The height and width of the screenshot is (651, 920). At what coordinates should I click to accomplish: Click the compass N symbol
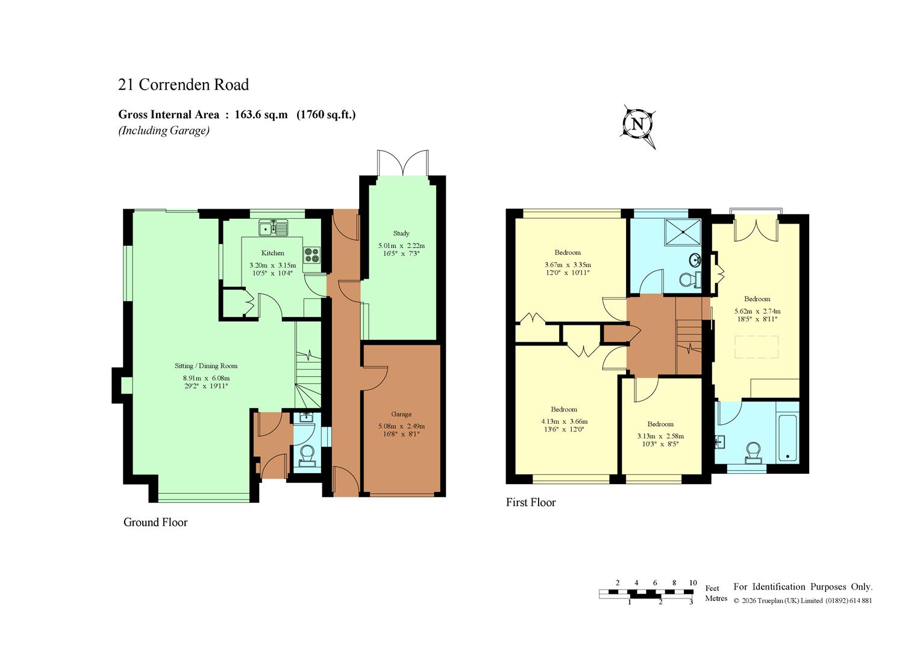[x=638, y=124]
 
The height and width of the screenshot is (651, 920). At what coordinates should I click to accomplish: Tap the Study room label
[x=401, y=233]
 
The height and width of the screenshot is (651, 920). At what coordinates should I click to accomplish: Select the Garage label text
[x=401, y=414]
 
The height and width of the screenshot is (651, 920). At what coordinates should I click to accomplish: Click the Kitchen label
[x=273, y=253]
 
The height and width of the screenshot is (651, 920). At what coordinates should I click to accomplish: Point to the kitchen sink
[x=274, y=228]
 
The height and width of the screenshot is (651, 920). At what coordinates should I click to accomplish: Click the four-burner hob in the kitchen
[x=311, y=255]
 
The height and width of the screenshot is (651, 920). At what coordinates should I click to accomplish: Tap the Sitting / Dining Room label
[x=206, y=366]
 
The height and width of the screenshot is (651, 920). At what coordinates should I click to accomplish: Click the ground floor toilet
[x=307, y=457]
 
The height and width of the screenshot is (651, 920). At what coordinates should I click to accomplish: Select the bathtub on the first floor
[x=787, y=438]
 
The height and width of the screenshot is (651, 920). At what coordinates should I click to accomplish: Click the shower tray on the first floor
[x=683, y=232]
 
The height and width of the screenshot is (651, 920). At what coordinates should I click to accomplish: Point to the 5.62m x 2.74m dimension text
[x=757, y=312]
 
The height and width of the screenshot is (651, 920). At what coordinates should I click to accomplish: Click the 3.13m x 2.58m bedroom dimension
[x=660, y=436]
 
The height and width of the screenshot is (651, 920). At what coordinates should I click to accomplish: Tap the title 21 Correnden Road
[x=183, y=84]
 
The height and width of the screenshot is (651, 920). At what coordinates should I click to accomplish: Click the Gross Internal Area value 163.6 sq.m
[x=261, y=115]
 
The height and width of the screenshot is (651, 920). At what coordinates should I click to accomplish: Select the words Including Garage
[x=164, y=131]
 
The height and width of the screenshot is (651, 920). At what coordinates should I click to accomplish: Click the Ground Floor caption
[x=155, y=523]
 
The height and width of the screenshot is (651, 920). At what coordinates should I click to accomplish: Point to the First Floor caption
[x=531, y=502]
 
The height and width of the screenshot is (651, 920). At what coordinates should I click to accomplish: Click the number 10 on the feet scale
[x=693, y=583]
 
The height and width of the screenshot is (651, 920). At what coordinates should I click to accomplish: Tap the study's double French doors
[x=403, y=163]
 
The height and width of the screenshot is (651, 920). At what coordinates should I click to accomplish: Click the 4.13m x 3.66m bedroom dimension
[x=565, y=422]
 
